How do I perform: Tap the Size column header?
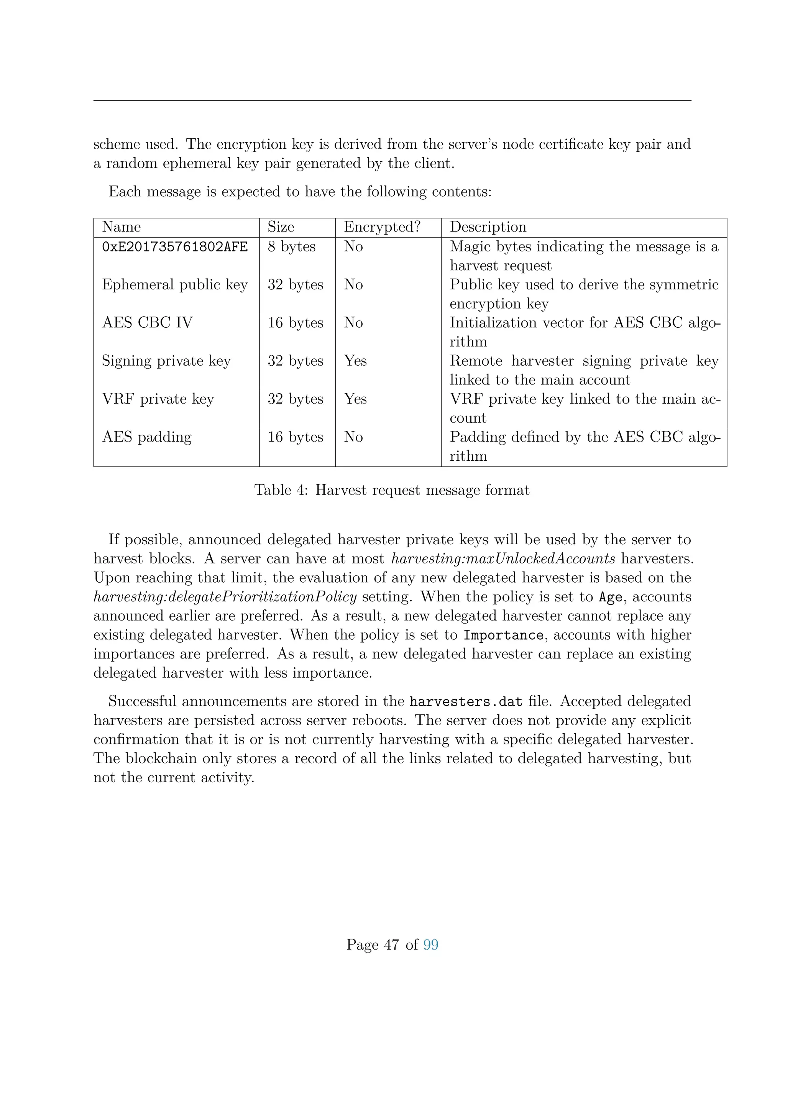click(281, 227)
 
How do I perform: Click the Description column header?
click(488, 227)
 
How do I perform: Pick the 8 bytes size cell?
click(291, 247)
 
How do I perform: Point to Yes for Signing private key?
click(355, 361)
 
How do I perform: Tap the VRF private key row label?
click(158, 399)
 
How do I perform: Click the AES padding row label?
click(146, 437)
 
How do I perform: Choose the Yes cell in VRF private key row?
click(355, 399)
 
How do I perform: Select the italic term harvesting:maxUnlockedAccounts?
click(503, 559)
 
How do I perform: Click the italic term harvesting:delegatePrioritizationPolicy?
click(225, 597)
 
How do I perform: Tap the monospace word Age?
click(611, 598)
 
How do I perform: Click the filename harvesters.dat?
click(465, 701)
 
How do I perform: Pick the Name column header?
click(122, 227)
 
